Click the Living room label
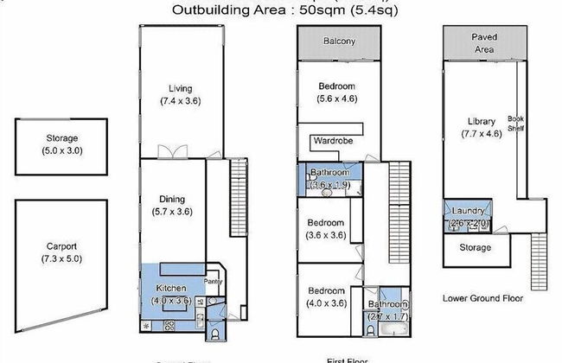pos(180,88)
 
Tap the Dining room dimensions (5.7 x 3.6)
pos(180,210)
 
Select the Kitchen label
pos(171,289)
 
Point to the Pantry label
pos(213,281)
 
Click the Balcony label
pos(339,41)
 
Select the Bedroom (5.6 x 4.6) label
pos(336,86)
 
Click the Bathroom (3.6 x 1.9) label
pos(329,172)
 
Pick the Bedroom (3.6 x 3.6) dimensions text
pos(327,234)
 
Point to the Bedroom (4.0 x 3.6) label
pos(326,290)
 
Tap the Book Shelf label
pos(516,124)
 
